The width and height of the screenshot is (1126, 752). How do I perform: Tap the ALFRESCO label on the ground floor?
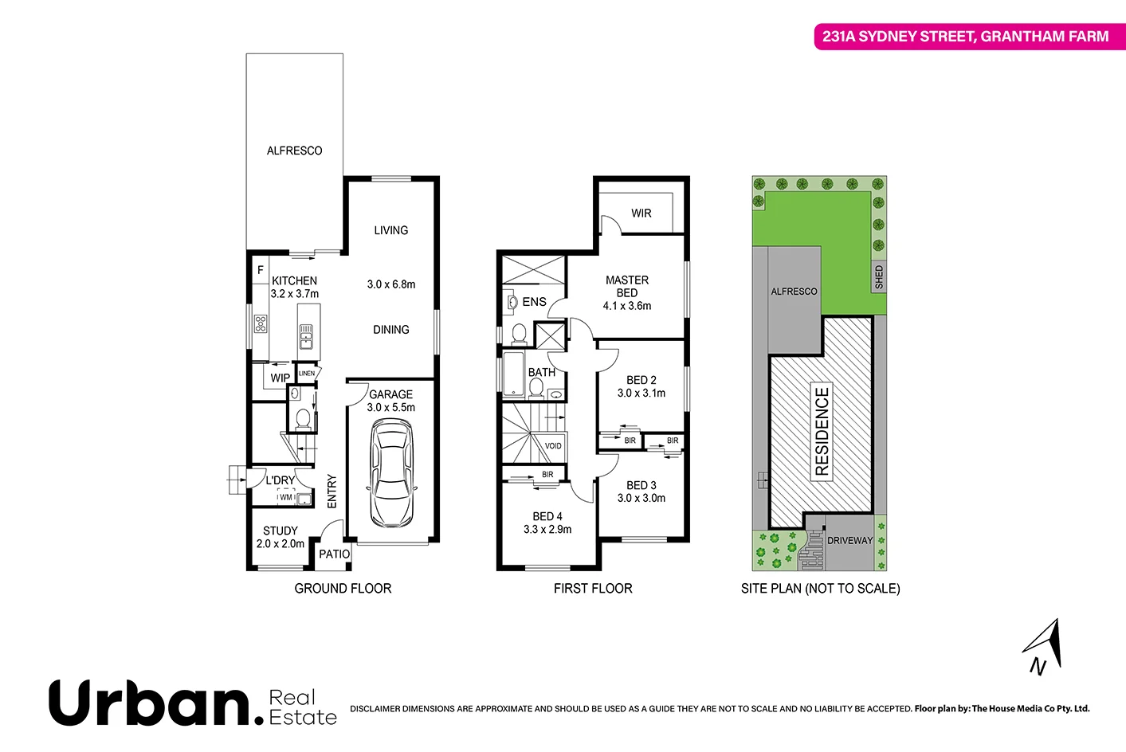tap(294, 151)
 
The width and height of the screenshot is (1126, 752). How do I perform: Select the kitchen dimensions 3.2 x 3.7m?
tap(294, 294)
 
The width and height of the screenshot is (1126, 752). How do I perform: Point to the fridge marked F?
tap(260, 271)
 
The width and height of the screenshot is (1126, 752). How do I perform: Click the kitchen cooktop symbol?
tap(261, 323)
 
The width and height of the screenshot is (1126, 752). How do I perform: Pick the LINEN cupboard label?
tap(307, 373)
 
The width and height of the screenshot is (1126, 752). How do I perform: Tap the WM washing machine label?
tap(285, 498)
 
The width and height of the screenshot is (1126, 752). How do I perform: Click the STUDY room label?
tap(281, 531)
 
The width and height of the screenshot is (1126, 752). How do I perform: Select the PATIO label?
tap(334, 554)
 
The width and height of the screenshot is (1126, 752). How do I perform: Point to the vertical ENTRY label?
tap(332, 491)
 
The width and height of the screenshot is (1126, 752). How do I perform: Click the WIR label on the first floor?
tap(641, 213)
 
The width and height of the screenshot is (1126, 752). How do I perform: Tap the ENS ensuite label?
tap(534, 302)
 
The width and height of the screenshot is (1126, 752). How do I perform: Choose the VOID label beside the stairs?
tap(553, 446)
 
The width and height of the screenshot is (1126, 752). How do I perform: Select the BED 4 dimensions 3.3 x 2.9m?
tap(547, 530)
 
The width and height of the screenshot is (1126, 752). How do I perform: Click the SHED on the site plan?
tap(879, 277)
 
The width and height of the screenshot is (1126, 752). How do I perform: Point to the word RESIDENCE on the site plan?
tap(822, 432)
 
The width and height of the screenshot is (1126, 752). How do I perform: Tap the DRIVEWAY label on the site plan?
tap(849, 541)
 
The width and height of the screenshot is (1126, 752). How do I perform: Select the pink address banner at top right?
tap(966, 37)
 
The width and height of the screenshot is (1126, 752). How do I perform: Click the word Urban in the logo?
tap(150, 703)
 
